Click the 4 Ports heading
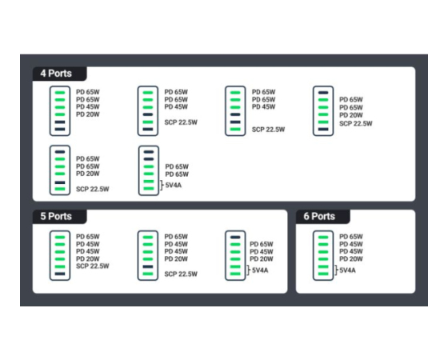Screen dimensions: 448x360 point(56,74)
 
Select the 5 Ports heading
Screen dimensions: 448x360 point(56,216)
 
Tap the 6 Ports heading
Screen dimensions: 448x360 point(319,216)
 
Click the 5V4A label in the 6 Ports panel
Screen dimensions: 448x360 point(347,270)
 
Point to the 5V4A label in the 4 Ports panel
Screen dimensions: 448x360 point(174,185)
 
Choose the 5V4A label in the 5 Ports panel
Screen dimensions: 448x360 point(260,270)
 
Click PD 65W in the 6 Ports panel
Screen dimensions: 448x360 point(351,237)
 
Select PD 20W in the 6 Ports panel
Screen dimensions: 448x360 point(351,259)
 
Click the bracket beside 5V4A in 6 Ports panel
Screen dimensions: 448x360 point(337,270)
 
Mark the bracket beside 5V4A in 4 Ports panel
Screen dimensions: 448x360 point(162,185)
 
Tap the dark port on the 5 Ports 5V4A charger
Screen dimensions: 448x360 point(235,237)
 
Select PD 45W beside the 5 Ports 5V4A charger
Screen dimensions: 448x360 point(262,252)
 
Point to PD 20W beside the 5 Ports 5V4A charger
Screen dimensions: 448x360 point(262,259)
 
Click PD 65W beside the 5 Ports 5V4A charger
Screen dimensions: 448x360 point(262,244)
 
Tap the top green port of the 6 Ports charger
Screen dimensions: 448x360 point(323,237)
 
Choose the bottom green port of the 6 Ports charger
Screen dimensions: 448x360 point(323,274)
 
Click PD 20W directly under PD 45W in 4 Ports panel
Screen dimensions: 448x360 point(88,114)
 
